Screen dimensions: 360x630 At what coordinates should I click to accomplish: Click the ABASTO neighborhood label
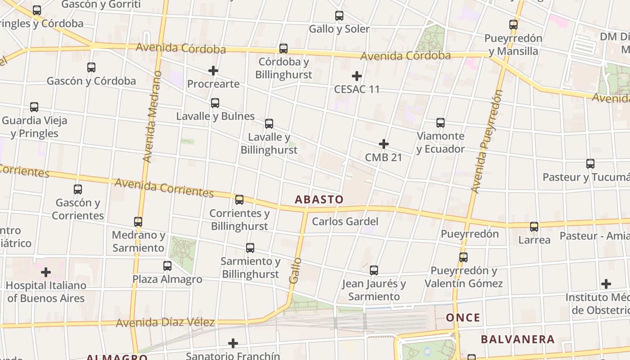(x=319, y=199)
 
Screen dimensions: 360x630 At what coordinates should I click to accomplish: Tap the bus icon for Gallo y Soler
(x=339, y=16)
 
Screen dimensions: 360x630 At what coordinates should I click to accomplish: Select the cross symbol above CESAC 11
(x=357, y=76)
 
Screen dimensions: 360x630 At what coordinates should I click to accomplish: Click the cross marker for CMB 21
(x=384, y=144)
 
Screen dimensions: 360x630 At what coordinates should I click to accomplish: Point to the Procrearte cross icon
(x=213, y=71)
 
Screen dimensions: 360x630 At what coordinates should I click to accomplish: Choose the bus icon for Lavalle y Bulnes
(x=215, y=103)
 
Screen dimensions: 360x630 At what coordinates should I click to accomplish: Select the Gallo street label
(x=295, y=270)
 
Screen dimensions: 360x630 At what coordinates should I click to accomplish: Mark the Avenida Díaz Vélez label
(x=165, y=323)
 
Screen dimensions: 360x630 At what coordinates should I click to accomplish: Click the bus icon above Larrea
(x=534, y=227)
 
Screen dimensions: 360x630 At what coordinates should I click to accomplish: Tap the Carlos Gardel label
(x=345, y=221)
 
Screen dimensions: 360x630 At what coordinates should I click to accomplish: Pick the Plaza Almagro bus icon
(x=167, y=266)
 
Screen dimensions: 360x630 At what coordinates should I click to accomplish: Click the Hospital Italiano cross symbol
(x=46, y=272)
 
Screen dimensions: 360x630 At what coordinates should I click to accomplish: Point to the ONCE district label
(x=463, y=318)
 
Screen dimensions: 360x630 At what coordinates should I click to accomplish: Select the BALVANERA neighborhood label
(x=517, y=339)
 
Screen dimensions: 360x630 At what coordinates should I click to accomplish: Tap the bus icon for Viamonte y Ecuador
(x=441, y=123)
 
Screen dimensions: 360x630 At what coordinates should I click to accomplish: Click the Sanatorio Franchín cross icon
(x=233, y=343)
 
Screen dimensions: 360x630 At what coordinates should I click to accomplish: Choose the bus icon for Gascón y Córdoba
(x=91, y=67)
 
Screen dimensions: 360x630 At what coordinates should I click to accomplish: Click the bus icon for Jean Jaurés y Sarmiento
(x=374, y=270)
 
